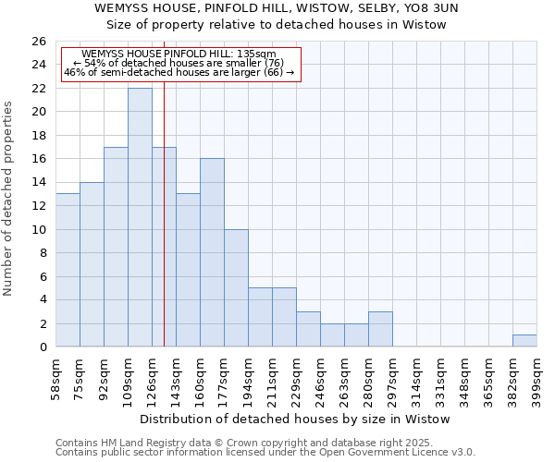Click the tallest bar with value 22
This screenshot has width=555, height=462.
coord(140,217)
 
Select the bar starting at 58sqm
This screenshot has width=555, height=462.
coord(68,270)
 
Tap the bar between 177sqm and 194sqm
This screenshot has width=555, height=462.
coord(236,287)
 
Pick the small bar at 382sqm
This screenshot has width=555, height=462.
coord(524,341)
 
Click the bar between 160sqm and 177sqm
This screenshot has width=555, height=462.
coord(212,252)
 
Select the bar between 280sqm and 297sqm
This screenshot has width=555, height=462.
coord(380,329)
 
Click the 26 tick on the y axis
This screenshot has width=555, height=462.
coord(38,42)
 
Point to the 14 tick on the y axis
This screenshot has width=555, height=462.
coord(38,183)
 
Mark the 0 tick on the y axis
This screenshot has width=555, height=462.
coord(43,347)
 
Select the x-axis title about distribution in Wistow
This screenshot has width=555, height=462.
coord(296,419)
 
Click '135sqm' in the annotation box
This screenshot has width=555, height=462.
coord(258,54)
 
